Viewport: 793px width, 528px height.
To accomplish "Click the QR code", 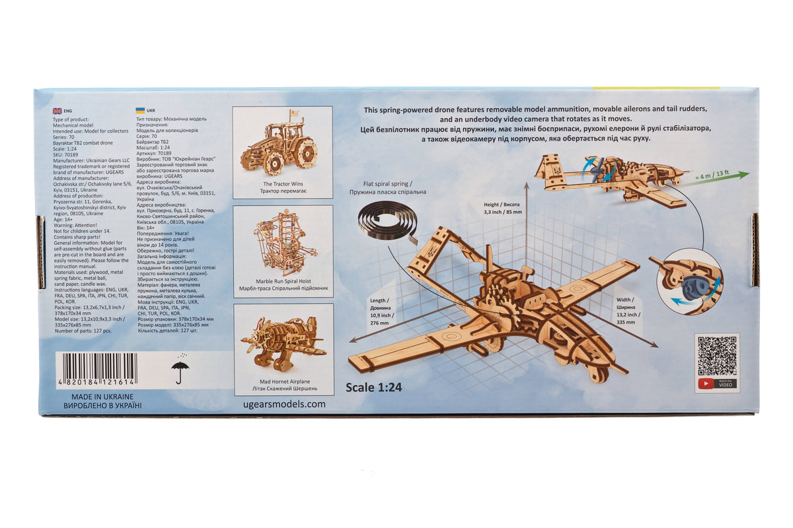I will pos(717,356).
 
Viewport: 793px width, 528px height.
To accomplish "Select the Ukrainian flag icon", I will pos(140,111).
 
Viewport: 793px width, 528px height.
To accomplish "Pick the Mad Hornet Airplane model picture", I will pos(283,343).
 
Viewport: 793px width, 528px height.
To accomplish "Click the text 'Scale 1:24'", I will pos(373,387).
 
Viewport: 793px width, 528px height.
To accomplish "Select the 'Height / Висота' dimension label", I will pos(502,209).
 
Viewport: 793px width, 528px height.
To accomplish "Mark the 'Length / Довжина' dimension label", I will pos(383,310).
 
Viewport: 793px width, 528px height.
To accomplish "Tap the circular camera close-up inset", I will pos(689,281).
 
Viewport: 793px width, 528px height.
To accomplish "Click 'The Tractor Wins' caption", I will pos(282,184).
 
